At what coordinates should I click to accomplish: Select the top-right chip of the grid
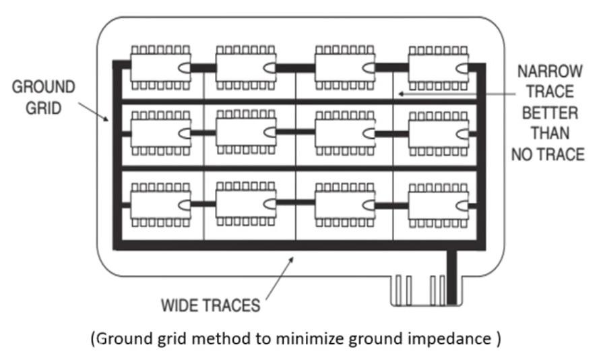tap(438, 68)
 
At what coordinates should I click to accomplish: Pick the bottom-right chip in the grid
tap(438, 203)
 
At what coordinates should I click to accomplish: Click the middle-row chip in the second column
tap(246, 133)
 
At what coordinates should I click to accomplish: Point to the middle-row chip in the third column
tap(346, 133)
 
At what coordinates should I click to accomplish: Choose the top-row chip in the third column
tap(346, 68)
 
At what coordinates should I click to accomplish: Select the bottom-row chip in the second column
tap(246, 203)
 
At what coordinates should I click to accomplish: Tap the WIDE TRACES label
tap(210, 305)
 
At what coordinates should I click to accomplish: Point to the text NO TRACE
tap(546, 154)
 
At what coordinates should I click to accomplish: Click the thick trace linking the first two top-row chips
tap(203, 68)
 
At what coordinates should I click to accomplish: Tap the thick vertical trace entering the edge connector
tap(451, 276)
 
